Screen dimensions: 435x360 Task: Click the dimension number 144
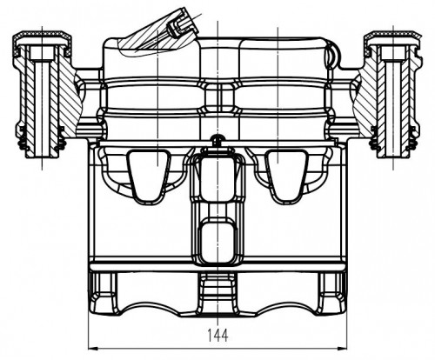coord(217,336)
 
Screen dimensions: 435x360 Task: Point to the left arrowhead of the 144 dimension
coord(93,348)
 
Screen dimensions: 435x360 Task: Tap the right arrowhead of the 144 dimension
coord(341,348)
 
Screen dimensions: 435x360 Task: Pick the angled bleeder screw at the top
coord(181,23)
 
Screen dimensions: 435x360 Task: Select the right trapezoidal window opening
coord(287,177)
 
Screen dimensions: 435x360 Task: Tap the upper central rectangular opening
coord(217,179)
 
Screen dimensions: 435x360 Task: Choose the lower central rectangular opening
coord(217,241)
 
